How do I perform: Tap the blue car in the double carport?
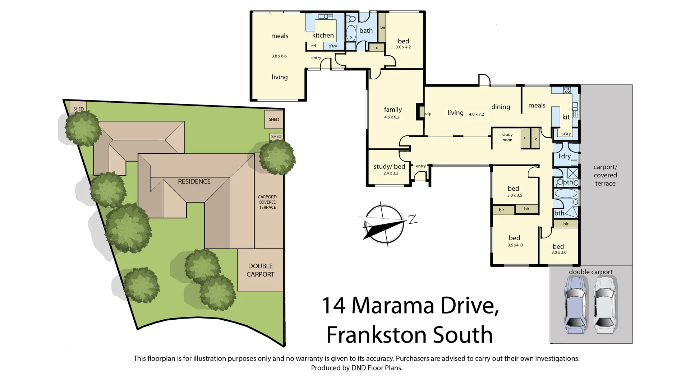576,305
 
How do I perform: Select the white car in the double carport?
606,305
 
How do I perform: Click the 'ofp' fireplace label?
428,113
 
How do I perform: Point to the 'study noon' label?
507,137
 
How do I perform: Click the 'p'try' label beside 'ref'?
333,46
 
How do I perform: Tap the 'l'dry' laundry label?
565,156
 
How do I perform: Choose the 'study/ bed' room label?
389,167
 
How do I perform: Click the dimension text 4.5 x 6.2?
392,117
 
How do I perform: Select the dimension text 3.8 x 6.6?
279,56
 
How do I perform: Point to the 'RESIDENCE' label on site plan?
194,181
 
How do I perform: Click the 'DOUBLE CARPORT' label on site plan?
261,270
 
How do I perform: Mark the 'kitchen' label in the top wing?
323,35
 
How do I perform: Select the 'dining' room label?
501,107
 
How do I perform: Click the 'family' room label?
393,110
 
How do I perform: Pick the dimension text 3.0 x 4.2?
403,47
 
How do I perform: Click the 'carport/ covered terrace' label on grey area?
605,175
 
